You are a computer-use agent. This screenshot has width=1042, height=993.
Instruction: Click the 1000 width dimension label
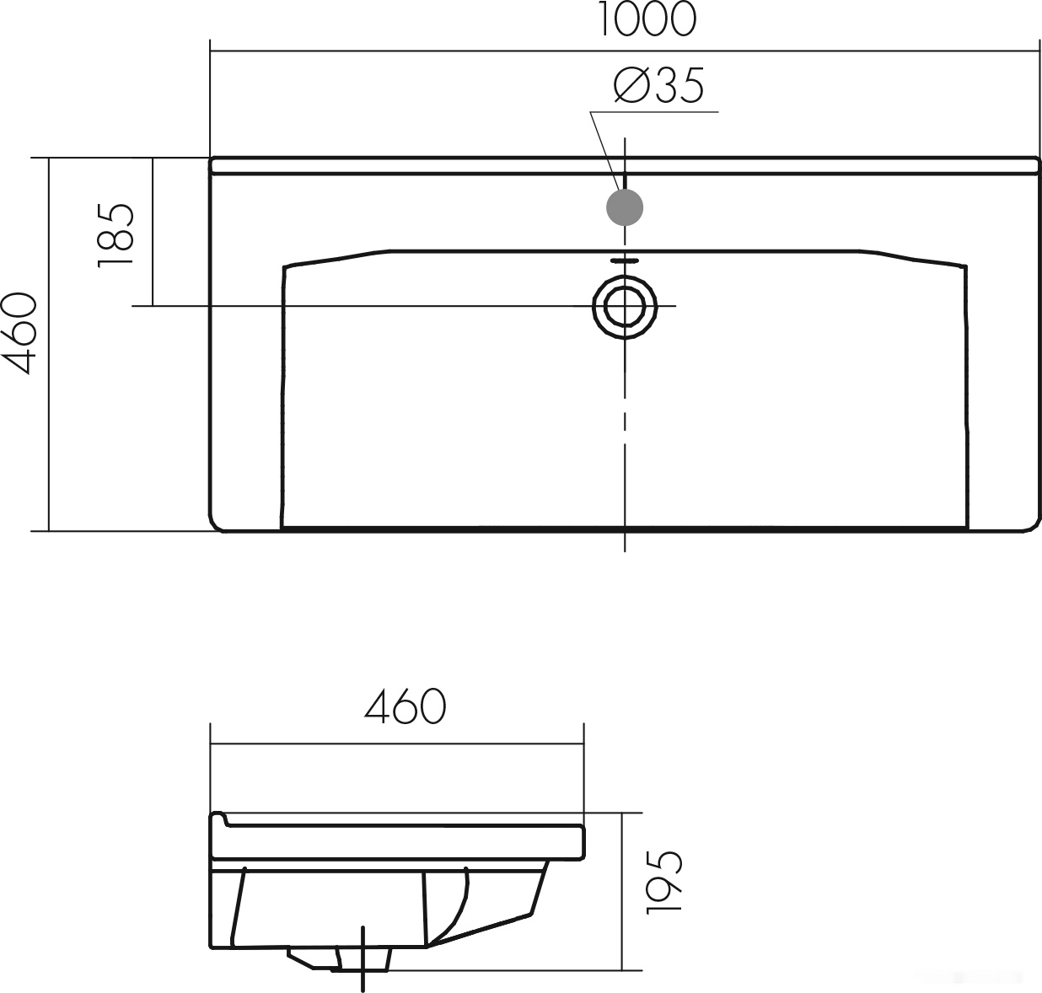(646, 19)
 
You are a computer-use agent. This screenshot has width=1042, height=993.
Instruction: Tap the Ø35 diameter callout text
(658, 85)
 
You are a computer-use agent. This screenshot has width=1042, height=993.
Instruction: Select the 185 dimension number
(115, 235)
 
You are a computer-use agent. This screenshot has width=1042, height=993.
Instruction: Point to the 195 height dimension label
(664, 882)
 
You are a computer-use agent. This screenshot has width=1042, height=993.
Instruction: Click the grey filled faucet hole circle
(625, 207)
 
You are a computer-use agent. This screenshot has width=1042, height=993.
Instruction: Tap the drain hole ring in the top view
(625, 286)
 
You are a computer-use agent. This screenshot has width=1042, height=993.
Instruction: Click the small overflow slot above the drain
(625, 260)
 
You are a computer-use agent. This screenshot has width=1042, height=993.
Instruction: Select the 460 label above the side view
(406, 706)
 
